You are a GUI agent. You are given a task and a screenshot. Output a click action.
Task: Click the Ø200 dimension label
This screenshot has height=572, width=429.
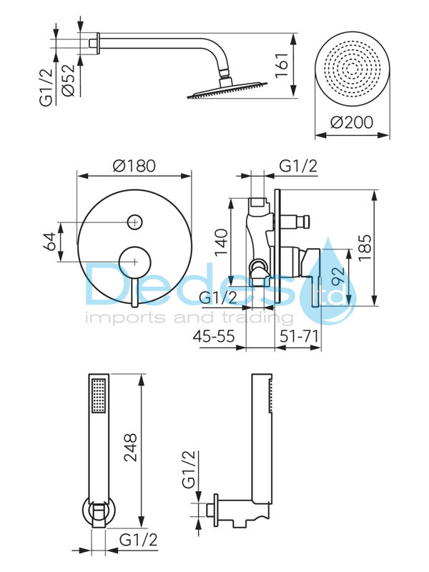(x=352, y=122)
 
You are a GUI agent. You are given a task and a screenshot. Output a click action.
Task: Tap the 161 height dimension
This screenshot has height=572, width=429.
(x=282, y=65)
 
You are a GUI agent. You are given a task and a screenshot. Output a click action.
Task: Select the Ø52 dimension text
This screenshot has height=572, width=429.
(x=68, y=81)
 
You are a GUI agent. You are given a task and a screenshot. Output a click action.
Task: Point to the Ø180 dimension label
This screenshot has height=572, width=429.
(x=134, y=166)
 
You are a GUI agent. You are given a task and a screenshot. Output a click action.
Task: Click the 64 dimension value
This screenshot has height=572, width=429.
(x=50, y=242)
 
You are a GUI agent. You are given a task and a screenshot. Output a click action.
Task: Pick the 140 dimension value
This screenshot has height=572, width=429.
(x=221, y=242)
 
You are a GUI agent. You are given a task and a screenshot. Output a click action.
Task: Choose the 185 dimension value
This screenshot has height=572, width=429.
(x=365, y=247)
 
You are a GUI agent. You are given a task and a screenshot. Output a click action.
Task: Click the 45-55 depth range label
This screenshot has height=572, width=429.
(x=214, y=336)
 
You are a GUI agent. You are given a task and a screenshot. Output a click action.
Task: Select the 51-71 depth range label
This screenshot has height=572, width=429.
(x=299, y=336)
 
